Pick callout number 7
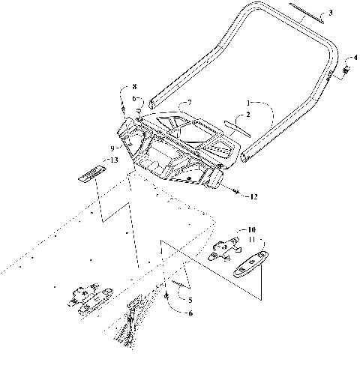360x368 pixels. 190,101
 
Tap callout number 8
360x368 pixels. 135,88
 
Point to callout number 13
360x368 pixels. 112,160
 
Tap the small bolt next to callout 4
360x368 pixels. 347,70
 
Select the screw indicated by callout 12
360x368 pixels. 236,194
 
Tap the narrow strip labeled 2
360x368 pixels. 238,125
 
